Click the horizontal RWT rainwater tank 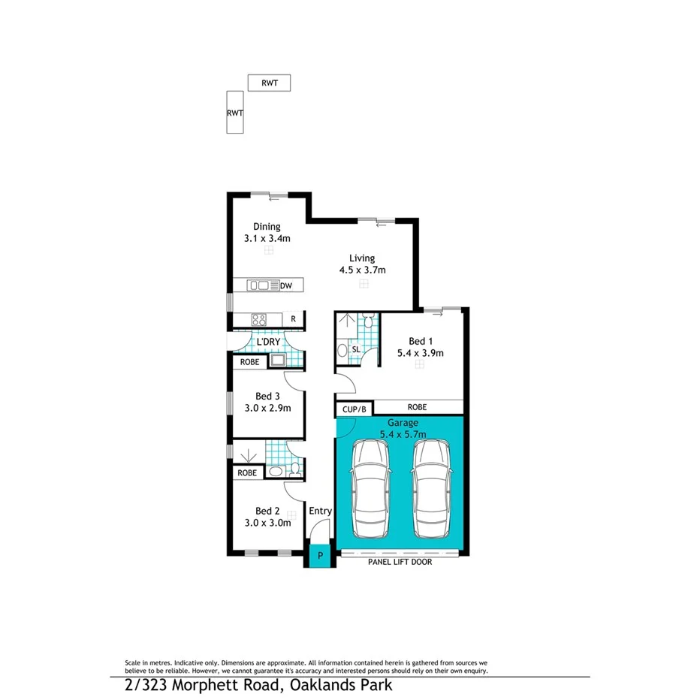(269, 83)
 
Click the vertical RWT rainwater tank (235, 112)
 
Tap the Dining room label (267, 226)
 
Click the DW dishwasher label (286, 285)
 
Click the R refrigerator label (293, 319)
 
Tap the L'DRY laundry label (268, 342)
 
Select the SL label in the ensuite (355, 350)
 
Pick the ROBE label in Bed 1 (417, 407)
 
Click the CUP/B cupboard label (353, 410)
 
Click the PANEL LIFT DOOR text (400, 561)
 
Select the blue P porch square (319, 556)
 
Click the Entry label (320, 511)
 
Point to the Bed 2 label (267, 511)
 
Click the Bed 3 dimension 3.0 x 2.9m (268, 408)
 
